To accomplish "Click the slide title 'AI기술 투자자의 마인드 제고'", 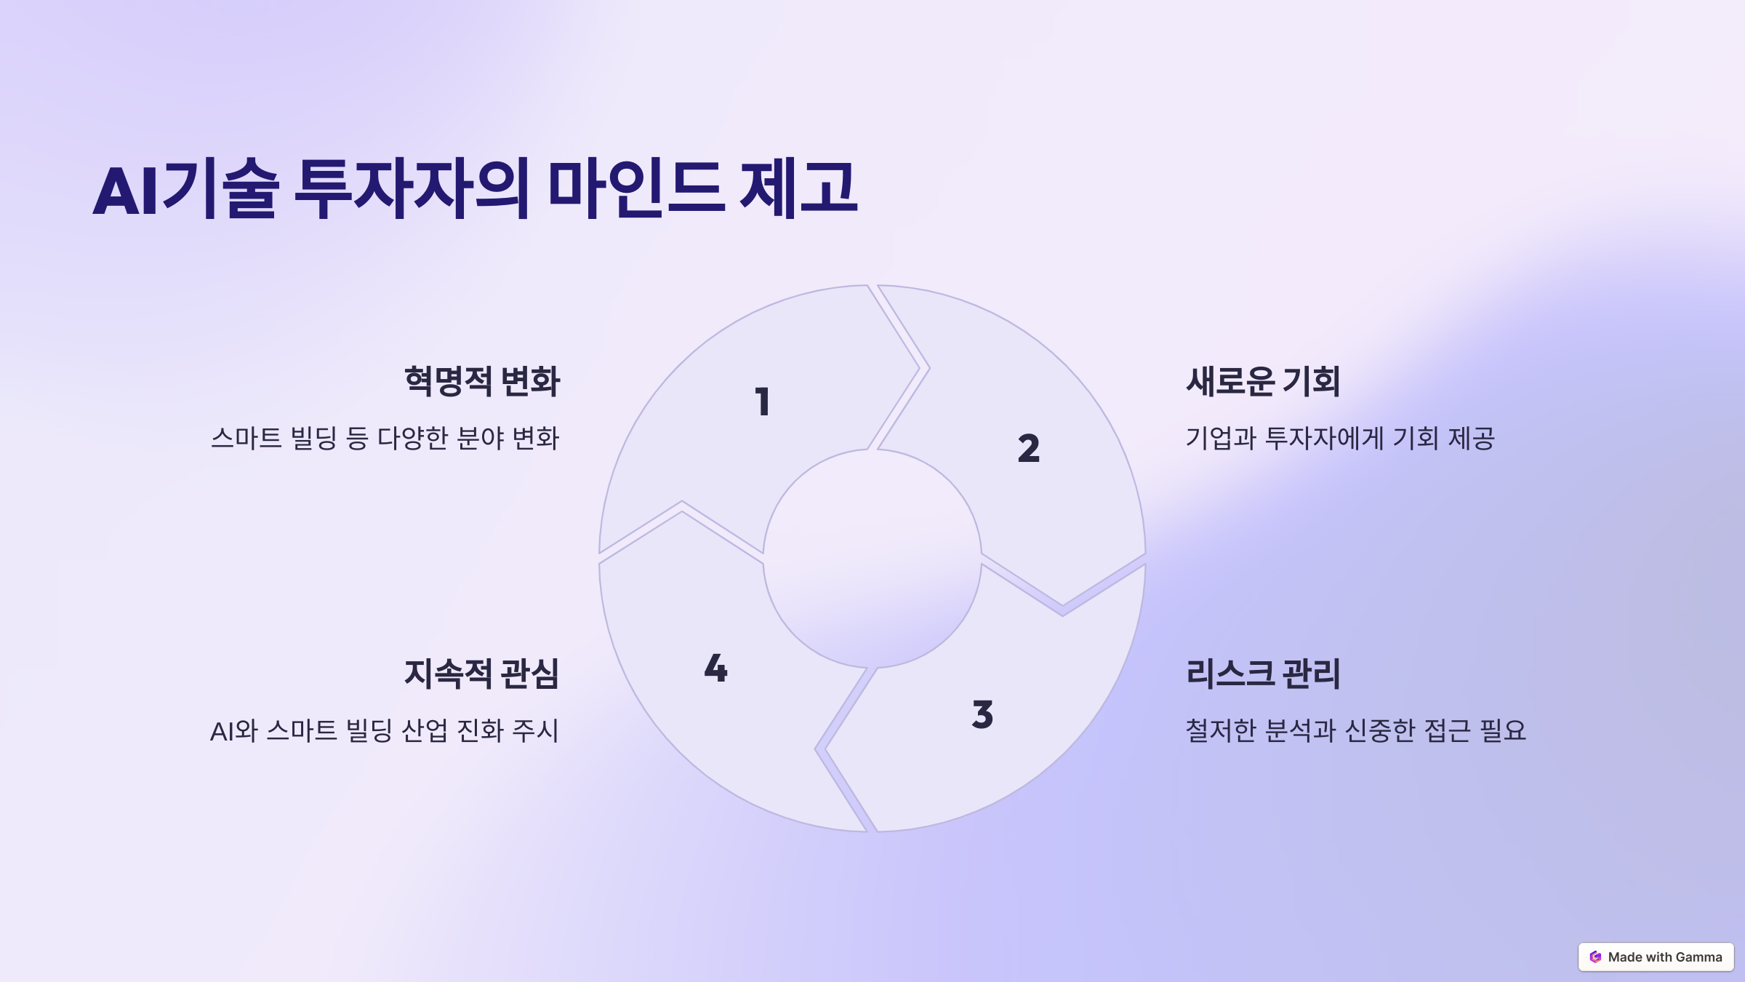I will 476,188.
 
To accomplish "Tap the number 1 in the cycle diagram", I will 762,402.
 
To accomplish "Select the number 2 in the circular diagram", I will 1028,448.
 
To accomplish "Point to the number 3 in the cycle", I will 982,714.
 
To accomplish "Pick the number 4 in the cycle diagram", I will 715,668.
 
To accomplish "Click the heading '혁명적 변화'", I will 482,381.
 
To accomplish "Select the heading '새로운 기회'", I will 1263,381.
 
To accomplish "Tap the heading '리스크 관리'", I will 1263,673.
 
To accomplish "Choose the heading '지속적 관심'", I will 482,673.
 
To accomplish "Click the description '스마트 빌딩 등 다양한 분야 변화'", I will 385,438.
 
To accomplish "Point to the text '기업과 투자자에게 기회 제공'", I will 1340,438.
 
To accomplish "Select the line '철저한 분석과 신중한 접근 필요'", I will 1355,730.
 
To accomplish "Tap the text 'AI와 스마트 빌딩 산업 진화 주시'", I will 385,730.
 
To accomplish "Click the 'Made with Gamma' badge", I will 1656,957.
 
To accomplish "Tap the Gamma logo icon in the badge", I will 1595,957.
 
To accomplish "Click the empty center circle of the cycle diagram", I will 872,559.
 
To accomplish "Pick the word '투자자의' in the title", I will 412,188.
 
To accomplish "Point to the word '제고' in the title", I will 798,188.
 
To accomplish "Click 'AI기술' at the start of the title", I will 185,188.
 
